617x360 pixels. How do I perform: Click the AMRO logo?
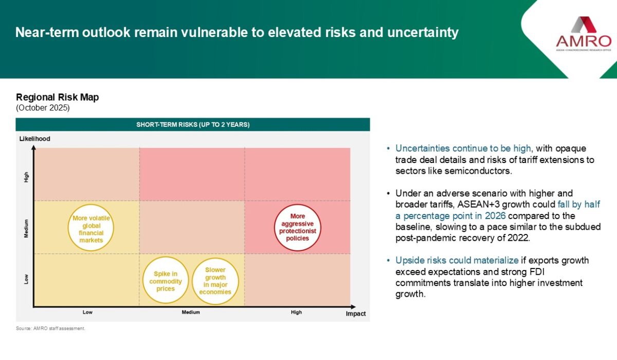584,34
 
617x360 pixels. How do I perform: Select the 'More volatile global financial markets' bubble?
91,227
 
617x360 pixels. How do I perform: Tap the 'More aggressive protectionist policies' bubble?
298,227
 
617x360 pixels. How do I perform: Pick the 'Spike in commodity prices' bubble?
166,280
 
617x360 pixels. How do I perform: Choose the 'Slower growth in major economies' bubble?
215,281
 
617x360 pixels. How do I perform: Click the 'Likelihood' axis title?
35,139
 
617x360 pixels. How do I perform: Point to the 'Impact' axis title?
356,314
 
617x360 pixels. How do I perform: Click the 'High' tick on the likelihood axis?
26,177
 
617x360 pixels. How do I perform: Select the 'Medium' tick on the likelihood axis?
26,228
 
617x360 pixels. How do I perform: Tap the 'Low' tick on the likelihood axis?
26,279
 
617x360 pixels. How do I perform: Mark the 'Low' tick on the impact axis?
87,312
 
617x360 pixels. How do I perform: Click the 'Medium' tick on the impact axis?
191,312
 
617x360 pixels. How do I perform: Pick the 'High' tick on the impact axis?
296,312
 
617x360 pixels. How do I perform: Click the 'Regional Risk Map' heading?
57,97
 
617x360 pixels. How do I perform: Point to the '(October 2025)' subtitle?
43,107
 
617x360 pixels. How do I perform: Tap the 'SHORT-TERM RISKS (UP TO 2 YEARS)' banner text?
193,124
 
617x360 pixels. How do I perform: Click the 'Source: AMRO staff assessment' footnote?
51,328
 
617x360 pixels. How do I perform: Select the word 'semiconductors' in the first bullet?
478,171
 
